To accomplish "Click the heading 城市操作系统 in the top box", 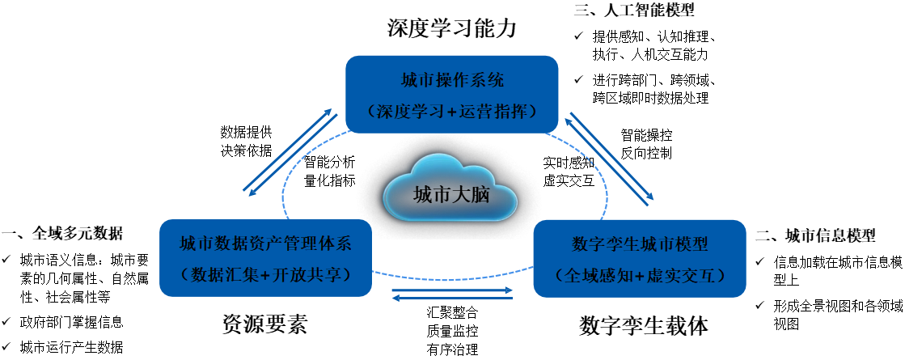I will [452, 81].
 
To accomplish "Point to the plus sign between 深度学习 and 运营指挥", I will [451, 112].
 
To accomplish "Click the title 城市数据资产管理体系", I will [265, 244].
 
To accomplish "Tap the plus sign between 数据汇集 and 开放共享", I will [264, 275].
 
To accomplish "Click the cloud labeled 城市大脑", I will [450, 189].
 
